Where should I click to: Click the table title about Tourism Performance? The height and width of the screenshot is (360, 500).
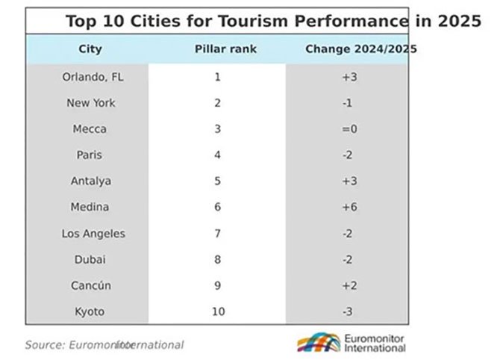[272, 20]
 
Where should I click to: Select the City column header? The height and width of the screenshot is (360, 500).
[90, 49]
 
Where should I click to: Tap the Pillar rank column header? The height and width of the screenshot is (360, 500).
[217, 49]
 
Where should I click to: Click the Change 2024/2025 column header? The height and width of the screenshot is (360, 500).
[361, 49]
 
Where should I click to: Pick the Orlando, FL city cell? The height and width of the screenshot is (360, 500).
[90, 77]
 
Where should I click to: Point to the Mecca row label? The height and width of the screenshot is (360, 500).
[90, 129]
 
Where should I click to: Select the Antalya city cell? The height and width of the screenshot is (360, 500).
[90, 181]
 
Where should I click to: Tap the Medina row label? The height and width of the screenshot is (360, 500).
[90, 208]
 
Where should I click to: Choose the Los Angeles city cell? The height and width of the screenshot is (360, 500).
[93, 234]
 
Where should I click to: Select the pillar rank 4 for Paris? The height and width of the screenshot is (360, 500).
[218, 155]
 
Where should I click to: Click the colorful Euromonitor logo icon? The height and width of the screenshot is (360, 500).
[319, 344]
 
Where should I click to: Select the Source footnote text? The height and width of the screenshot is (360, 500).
[104, 344]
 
